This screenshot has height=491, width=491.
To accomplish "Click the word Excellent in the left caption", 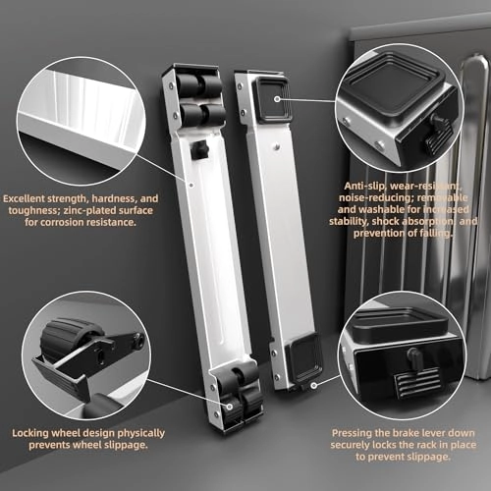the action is tap(25, 198).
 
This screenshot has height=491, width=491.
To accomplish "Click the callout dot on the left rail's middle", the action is tap(191, 185).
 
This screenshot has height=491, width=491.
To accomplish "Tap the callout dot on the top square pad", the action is tap(277, 98).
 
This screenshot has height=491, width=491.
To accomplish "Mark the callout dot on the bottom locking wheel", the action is tap(230, 407).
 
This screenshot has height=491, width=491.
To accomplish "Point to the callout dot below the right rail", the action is tap(314, 385).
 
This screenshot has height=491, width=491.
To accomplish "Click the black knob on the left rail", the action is tap(198, 150).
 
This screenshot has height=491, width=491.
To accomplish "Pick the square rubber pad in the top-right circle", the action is tap(391, 85).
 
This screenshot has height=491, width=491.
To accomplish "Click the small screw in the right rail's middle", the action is tap(277, 147).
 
